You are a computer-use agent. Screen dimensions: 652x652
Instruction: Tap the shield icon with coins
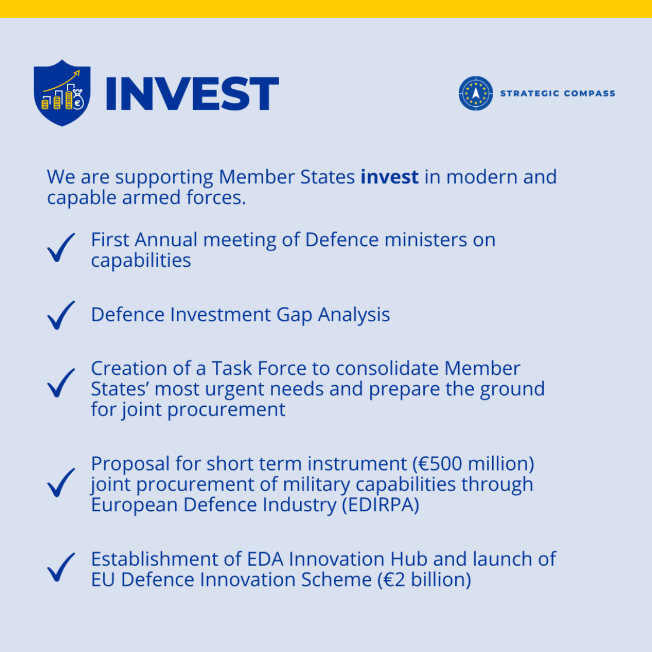tap(62, 92)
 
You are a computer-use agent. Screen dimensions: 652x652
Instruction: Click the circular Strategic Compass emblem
tap(476, 93)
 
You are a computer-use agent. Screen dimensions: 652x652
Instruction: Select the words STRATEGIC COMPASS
tap(557, 93)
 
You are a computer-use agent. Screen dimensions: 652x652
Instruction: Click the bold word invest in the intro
tap(389, 177)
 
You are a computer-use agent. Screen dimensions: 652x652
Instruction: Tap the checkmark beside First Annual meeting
tap(61, 247)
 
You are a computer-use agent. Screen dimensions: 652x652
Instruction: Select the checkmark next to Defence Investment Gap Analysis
tap(61, 315)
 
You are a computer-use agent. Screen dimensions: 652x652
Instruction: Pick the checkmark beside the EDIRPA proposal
tap(61, 482)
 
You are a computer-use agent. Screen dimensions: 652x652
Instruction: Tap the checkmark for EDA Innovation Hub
tap(61, 566)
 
